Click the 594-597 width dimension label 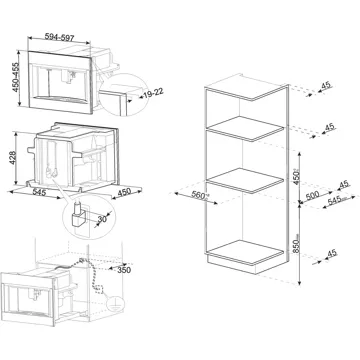pyautogui.click(x=59, y=37)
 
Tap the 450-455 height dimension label pyautogui.click(x=15, y=77)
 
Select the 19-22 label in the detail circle pyautogui.click(x=153, y=93)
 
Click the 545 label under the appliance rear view pyautogui.click(x=40, y=192)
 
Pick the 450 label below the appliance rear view pyautogui.click(x=124, y=193)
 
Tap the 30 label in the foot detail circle pyautogui.click(x=102, y=219)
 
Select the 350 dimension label pyautogui.click(x=124, y=270)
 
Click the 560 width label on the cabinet pyautogui.click(x=199, y=195)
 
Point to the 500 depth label pyautogui.click(x=312, y=195)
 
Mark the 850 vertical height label pyautogui.click(x=296, y=243)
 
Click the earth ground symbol pyautogui.click(x=116, y=304)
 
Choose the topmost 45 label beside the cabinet pyautogui.click(x=326, y=85)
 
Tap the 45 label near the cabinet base pyautogui.click(x=332, y=253)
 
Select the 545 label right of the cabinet pyautogui.click(x=336, y=200)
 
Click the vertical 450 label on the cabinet pyautogui.click(x=296, y=176)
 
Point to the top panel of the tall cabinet pyautogui.click(x=246, y=87)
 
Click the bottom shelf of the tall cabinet pyautogui.click(x=246, y=252)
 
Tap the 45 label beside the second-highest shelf pyautogui.click(x=329, y=127)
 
